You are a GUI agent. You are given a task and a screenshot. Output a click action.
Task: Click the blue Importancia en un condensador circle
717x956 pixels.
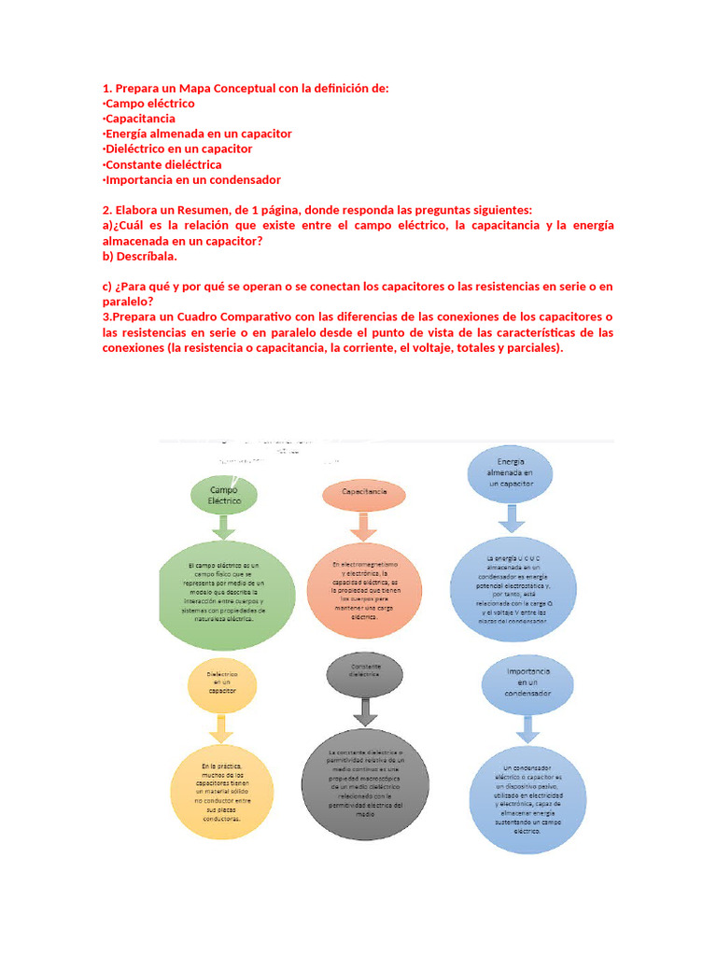[x=528, y=682]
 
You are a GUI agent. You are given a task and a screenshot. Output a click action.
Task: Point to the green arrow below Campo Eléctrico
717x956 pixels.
[x=224, y=528]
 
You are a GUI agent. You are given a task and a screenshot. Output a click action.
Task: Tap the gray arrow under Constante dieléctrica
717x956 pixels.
[x=365, y=713]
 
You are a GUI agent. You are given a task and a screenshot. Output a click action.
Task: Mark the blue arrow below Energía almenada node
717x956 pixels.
[x=511, y=518]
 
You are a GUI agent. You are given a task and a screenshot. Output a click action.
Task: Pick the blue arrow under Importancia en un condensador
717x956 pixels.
[x=528, y=725]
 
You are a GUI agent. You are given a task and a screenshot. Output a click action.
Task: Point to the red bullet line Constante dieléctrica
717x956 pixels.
[x=162, y=164]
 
